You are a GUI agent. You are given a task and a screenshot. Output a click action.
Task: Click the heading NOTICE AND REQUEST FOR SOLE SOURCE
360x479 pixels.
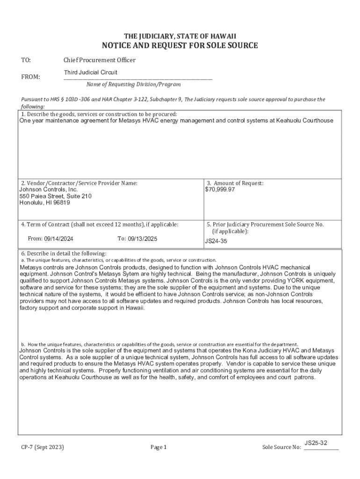tap(180, 46)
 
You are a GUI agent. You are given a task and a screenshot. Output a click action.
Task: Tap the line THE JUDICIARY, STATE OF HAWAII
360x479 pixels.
tap(180, 36)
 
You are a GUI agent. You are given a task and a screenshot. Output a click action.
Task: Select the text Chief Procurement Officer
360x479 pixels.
tap(100, 60)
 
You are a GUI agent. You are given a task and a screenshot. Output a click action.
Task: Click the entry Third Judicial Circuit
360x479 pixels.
tap(91, 73)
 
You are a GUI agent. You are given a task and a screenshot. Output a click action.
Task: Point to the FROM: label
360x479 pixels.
tap(30, 77)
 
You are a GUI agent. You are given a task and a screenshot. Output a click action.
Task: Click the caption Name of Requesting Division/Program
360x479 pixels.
tap(133, 85)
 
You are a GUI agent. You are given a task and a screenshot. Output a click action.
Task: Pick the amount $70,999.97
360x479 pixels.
tap(220, 190)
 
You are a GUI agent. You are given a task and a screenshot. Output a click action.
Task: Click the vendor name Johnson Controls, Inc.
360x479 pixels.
tap(48, 190)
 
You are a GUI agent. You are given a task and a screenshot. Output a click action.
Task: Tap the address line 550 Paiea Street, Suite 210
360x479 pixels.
tap(55, 196)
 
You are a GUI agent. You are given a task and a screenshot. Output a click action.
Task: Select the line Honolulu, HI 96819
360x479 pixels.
tap(44, 203)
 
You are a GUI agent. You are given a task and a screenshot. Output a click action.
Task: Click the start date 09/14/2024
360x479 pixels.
tap(58, 239)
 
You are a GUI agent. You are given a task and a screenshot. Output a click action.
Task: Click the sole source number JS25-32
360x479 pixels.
tap(316, 443)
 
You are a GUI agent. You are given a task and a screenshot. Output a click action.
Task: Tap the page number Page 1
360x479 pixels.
tap(158, 447)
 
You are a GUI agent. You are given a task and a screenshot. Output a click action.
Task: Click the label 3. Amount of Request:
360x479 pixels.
tap(235, 183)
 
